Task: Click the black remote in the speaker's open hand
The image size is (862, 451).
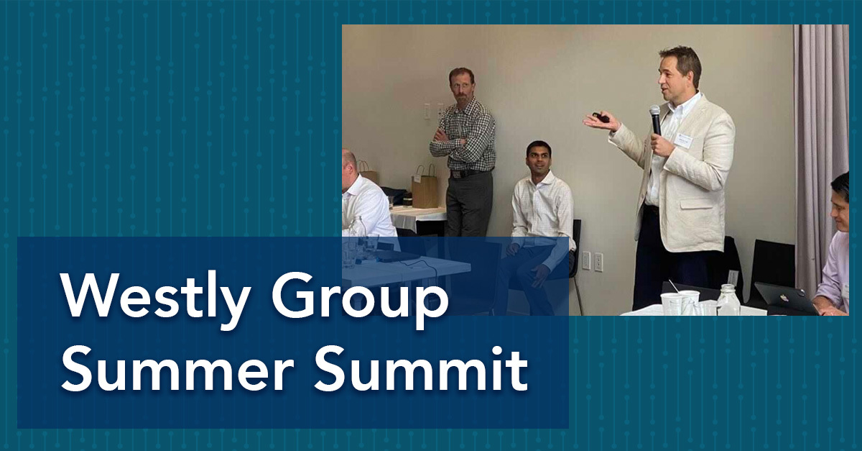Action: pos(600,116)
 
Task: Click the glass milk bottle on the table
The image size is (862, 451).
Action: pos(728,300)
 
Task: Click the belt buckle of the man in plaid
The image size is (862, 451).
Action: pos(456,174)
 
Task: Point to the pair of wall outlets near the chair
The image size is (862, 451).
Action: pos(592,261)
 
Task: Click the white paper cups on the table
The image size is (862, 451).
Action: pos(680,303)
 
